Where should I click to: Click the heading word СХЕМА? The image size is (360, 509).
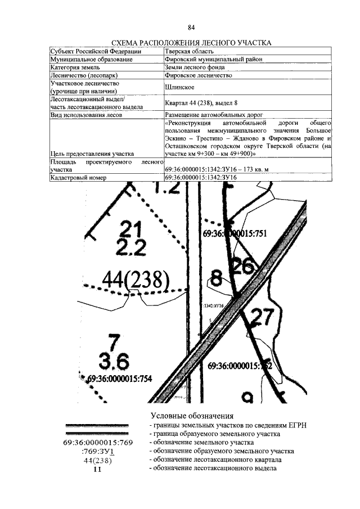click(127, 43)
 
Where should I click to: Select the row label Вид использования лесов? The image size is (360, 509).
click(84, 115)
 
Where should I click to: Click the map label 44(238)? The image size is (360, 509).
click(136, 279)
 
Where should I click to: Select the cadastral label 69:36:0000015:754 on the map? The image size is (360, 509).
click(119, 379)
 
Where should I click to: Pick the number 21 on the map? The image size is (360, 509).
click(130, 229)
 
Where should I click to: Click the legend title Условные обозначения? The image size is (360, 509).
click(192, 416)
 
